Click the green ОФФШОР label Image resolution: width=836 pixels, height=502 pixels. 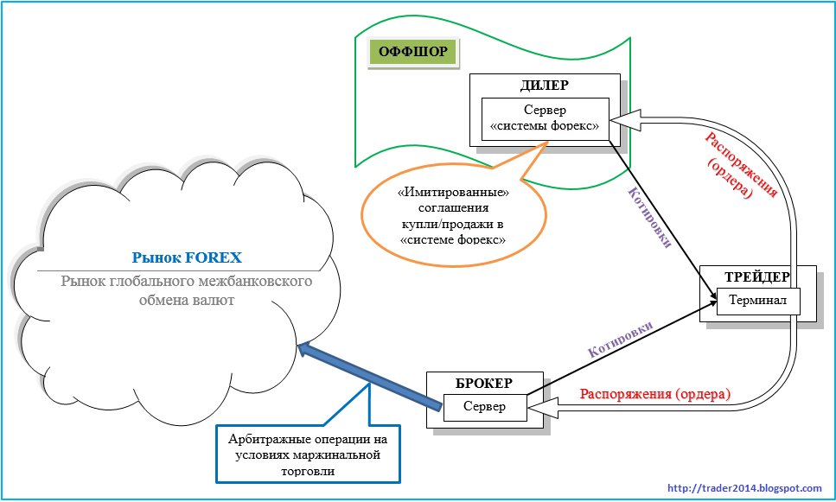coord(413,52)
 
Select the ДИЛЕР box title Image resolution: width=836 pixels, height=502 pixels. coord(544,86)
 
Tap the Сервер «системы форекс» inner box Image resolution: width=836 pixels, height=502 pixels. coord(544,118)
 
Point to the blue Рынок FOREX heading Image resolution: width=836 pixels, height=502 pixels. coord(187,257)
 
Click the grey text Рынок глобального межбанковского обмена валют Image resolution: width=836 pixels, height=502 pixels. coord(187,290)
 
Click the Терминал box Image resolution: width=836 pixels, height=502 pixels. coord(757,301)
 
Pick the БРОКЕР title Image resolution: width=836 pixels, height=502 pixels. coord(484,383)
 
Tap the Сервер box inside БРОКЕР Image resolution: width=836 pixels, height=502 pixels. coord(485,406)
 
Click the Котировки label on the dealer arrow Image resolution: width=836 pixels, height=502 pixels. coord(650,219)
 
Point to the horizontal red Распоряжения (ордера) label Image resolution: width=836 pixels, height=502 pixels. coord(655,394)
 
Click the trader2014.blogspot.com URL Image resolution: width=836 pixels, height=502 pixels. coord(745,489)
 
